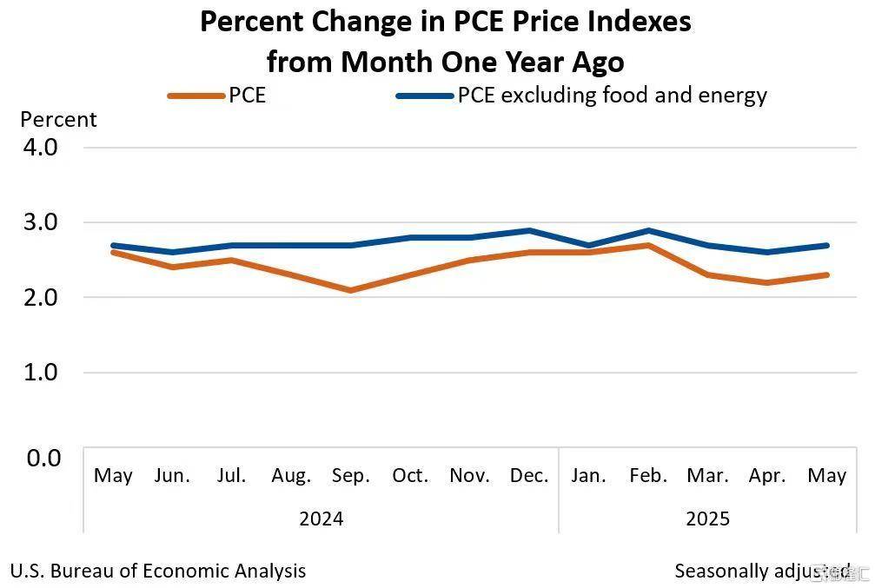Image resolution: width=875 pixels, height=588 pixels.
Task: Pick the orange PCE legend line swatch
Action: coord(196,96)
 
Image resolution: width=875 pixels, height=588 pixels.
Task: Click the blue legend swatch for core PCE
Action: coord(424,96)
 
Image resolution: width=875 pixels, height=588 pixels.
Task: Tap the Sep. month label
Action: coord(351,476)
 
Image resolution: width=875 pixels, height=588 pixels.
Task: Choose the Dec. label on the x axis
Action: coord(529,476)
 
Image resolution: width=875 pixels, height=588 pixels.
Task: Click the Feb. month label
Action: coord(648,476)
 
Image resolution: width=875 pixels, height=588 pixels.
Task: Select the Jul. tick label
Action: coord(232,476)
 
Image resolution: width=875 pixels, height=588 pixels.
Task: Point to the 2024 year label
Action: coord(321,519)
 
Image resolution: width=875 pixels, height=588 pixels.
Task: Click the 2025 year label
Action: coord(708,519)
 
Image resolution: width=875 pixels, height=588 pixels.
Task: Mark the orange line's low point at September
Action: coord(351,290)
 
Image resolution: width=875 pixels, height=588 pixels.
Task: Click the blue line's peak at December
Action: coord(529,230)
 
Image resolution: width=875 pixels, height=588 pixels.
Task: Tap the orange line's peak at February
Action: coord(648,245)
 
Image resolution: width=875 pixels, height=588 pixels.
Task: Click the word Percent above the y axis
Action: coord(58,120)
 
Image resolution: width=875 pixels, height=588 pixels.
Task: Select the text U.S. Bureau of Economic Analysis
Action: coord(157,571)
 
